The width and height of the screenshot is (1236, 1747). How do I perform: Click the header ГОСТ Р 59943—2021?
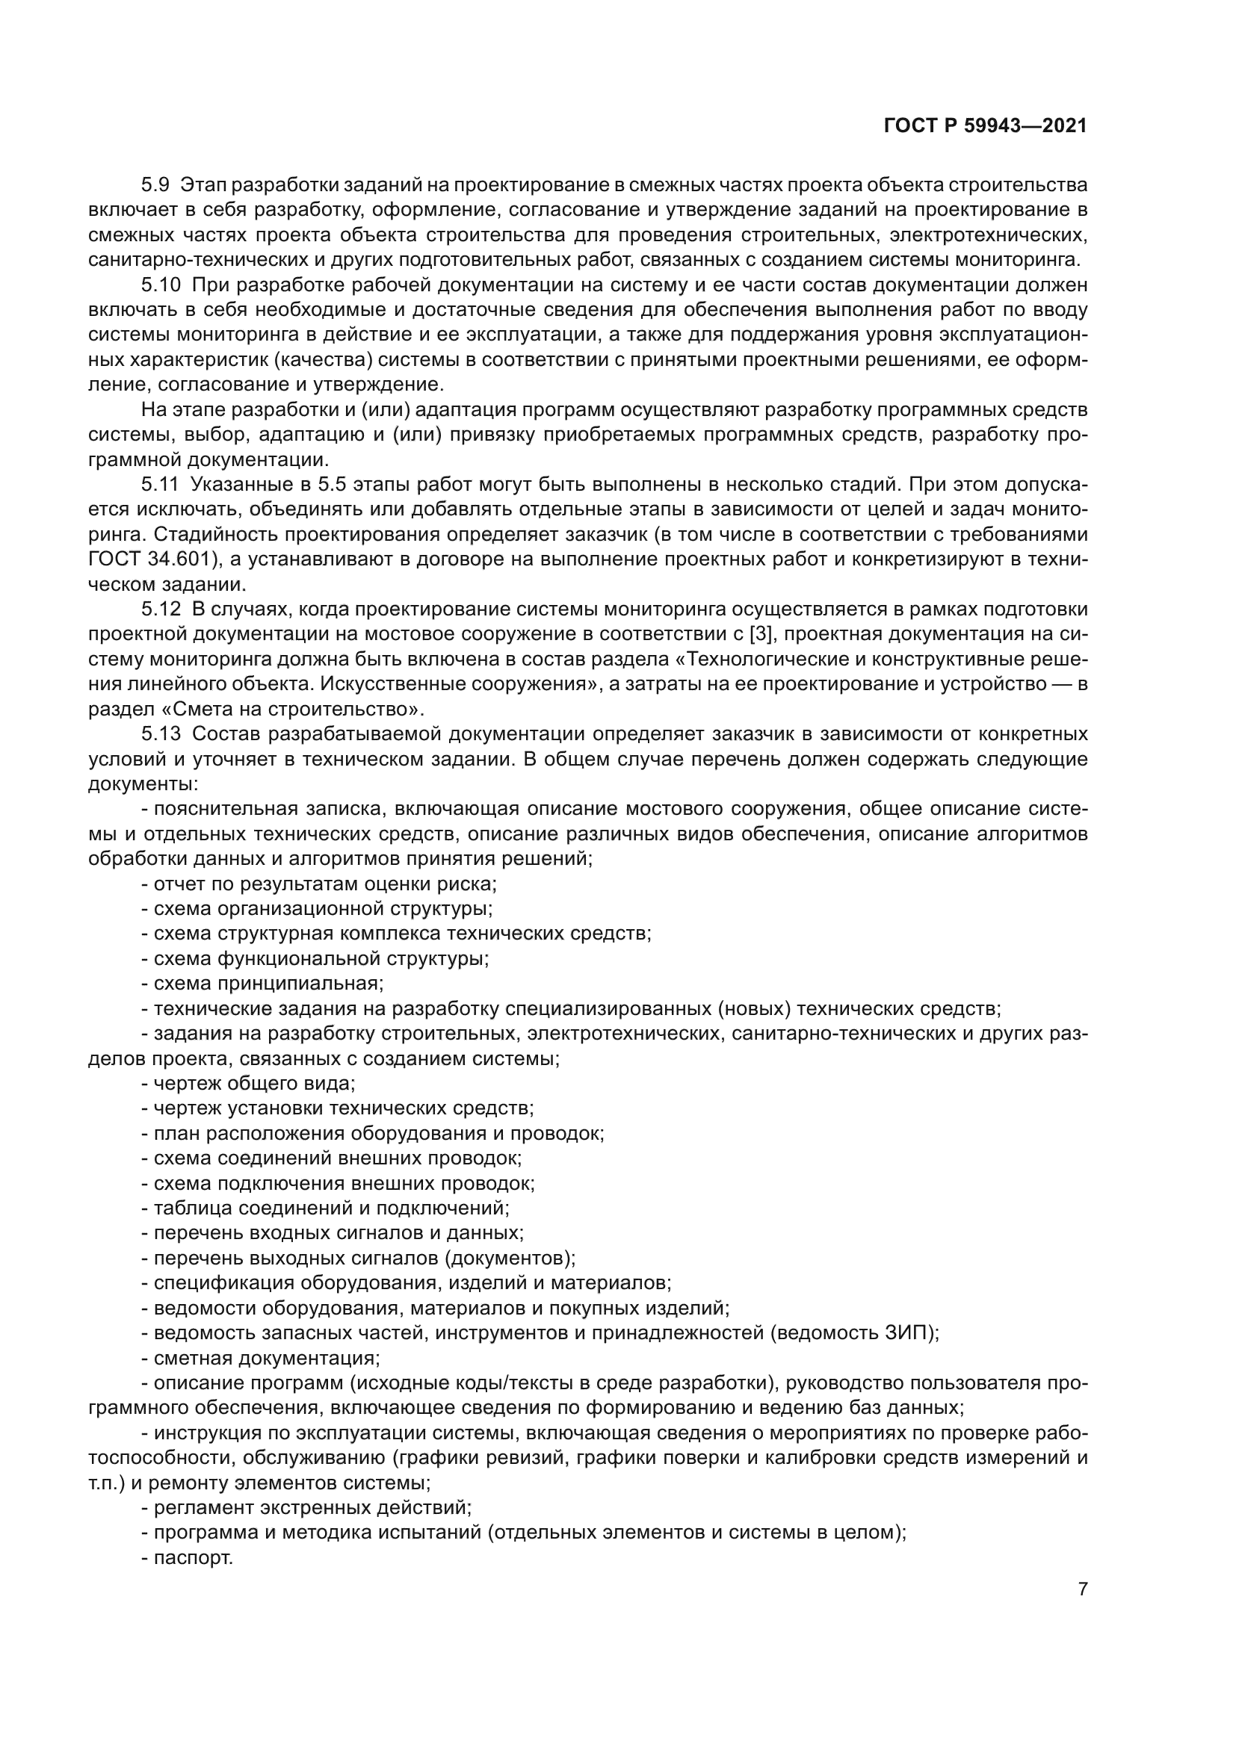pyautogui.click(x=985, y=126)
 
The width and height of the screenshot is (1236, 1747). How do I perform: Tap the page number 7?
pyautogui.click(x=1082, y=1589)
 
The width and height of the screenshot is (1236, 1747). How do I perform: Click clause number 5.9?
pyautogui.click(x=156, y=185)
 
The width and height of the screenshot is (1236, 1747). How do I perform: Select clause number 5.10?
pyautogui.click(x=161, y=285)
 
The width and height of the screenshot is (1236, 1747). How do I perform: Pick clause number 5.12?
pyautogui.click(x=161, y=609)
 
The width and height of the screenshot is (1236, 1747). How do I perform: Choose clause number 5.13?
pyautogui.click(x=161, y=733)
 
